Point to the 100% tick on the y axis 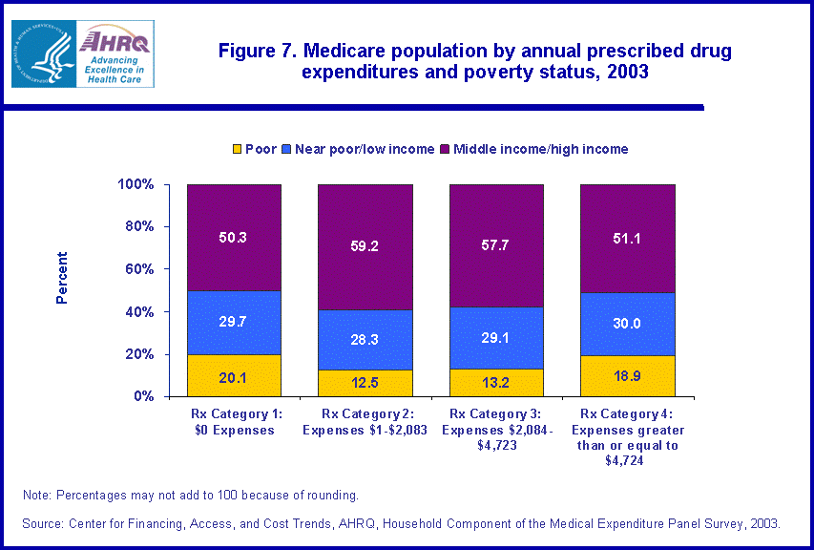136,184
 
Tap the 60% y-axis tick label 139,269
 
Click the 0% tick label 143,396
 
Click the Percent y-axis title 62,278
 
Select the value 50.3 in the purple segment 233,237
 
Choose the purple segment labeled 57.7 496,245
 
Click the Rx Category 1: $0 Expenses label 234,421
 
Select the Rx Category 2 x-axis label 365,421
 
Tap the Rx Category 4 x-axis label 627,436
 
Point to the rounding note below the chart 190,495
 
